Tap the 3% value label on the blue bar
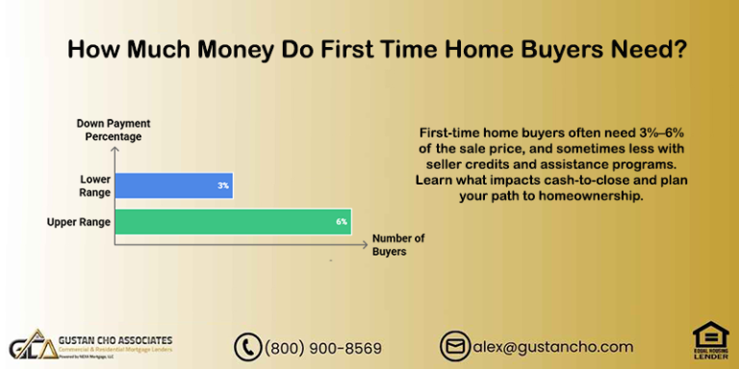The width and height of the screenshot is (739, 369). pyautogui.click(x=222, y=184)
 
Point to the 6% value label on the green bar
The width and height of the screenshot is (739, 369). pyautogui.click(x=341, y=222)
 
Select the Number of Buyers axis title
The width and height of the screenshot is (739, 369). pyautogui.click(x=397, y=244)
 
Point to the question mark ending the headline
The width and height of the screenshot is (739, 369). pyautogui.click(x=679, y=51)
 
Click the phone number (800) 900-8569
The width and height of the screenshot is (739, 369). pyautogui.click(x=322, y=348)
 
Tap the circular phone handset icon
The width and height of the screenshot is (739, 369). pyautogui.click(x=248, y=347)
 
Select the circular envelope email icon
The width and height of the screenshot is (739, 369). pyautogui.click(x=454, y=347)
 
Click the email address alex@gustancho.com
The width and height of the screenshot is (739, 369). pyautogui.click(x=552, y=347)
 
